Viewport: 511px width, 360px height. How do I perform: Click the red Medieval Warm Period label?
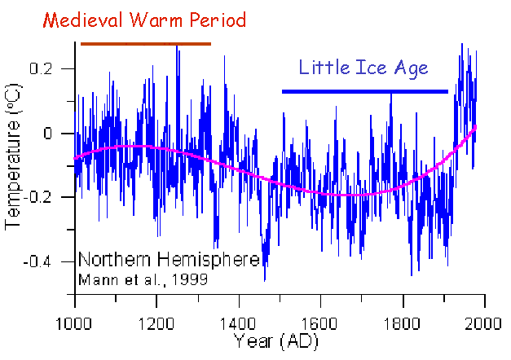(143, 20)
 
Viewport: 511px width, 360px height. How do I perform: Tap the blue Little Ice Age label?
(363, 68)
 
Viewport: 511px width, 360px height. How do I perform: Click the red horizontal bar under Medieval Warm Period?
(145, 44)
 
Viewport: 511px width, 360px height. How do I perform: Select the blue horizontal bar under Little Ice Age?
(364, 91)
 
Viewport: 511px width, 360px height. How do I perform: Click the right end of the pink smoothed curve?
(477, 126)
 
